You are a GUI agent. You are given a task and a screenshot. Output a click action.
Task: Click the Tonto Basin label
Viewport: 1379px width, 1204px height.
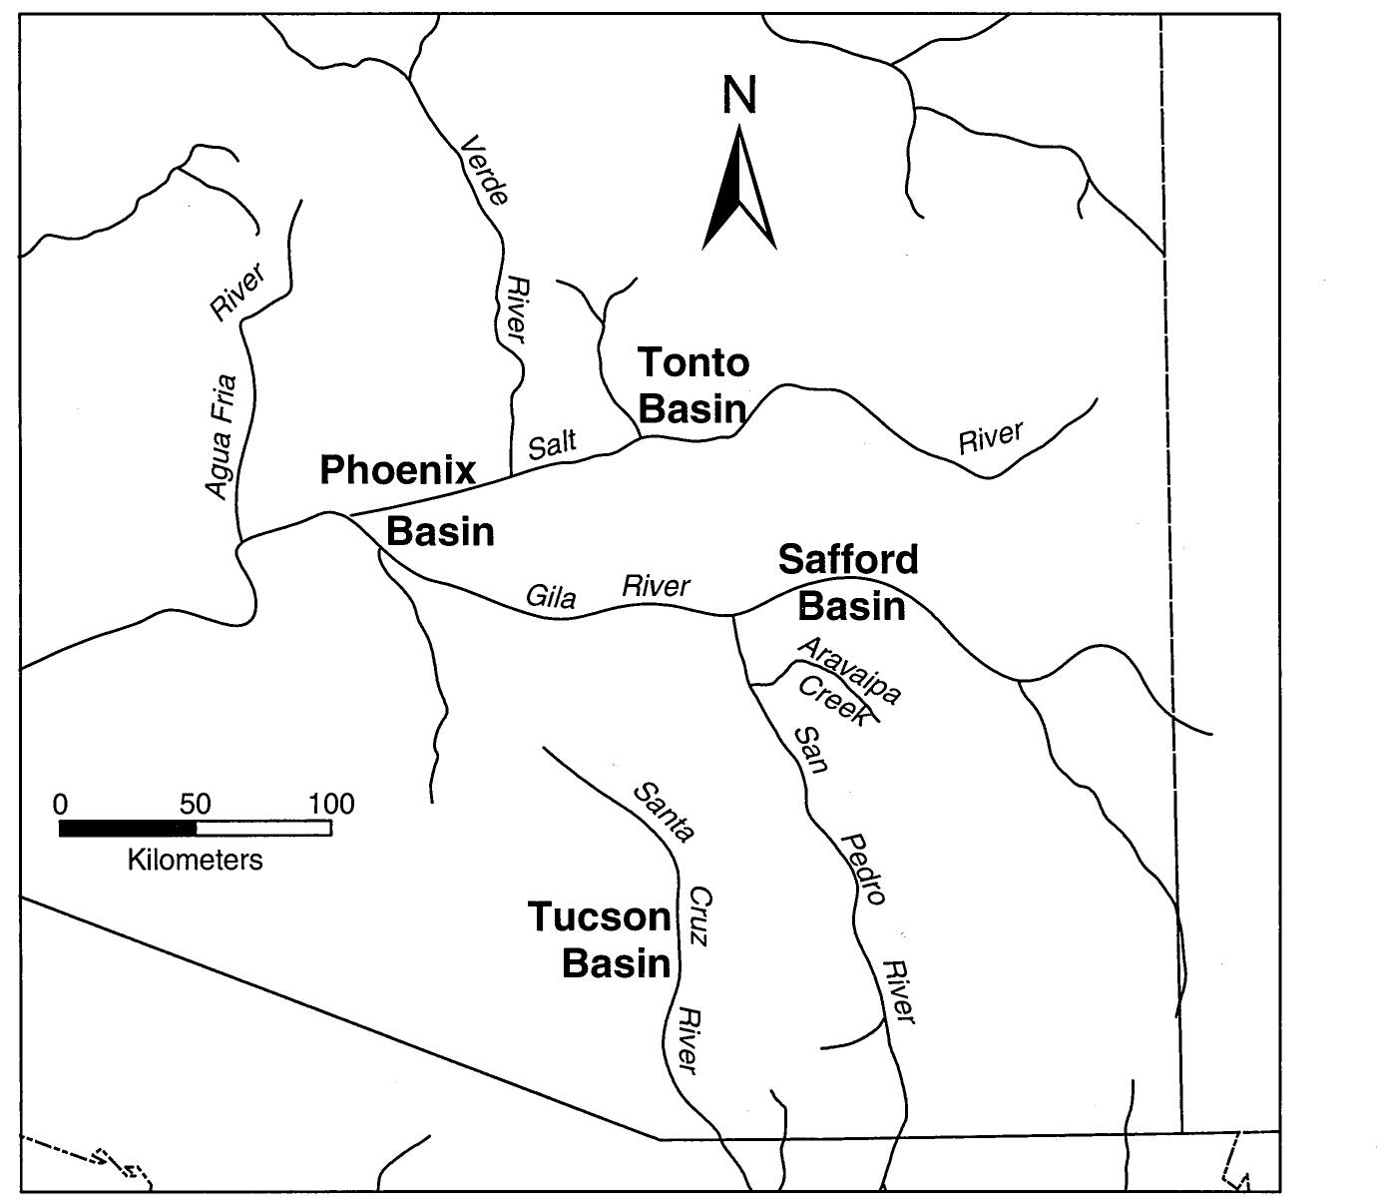tap(692, 385)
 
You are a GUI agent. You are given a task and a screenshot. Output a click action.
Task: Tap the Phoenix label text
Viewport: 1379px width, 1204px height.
tap(397, 469)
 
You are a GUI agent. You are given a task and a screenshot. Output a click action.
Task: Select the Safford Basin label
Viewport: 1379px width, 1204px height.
tap(849, 582)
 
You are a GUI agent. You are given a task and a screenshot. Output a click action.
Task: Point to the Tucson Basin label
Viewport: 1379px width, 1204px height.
tap(600, 939)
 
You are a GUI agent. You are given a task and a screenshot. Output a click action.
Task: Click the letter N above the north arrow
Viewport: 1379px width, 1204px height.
tap(739, 96)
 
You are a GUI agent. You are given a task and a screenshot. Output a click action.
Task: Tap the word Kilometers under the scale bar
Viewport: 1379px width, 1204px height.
tap(196, 860)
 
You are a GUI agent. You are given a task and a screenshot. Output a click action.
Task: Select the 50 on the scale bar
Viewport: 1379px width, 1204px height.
tap(195, 804)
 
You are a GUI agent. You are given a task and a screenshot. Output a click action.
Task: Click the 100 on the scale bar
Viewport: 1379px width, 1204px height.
tap(331, 804)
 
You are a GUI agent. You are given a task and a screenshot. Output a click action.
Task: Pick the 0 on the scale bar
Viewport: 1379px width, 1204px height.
tap(61, 804)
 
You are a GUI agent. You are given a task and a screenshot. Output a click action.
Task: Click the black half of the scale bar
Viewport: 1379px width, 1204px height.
tap(128, 828)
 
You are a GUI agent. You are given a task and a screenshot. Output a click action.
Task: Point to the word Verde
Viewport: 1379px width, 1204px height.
tap(485, 170)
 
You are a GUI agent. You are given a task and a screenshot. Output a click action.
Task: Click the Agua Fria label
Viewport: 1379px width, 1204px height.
tap(221, 435)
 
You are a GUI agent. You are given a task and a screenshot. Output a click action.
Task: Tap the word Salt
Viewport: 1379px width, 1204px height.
tap(552, 443)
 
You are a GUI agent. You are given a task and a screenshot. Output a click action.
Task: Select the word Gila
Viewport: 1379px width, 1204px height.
tap(551, 597)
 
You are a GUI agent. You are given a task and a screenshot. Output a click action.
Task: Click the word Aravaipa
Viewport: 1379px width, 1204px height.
tap(850, 670)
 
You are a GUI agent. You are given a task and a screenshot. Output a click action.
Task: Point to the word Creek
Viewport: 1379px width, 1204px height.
tap(833, 700)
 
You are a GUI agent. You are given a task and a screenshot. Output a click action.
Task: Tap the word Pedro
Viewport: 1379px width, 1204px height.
tap(864, 869)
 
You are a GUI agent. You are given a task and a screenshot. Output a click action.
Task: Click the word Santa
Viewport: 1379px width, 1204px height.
tap(664, 812)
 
